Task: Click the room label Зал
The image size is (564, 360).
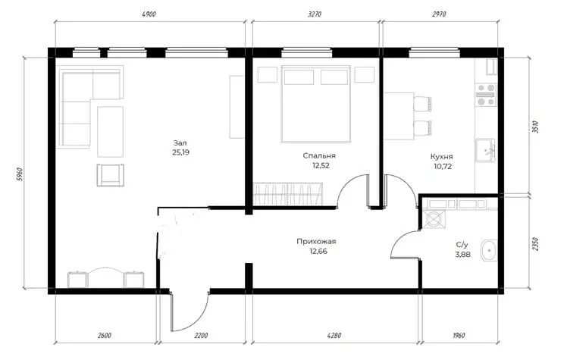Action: point(180,142)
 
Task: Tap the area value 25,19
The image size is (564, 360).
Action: point(180,152)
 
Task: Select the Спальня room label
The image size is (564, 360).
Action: point(319,155)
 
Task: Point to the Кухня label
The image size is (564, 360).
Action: point(441,157)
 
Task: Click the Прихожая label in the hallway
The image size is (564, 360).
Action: point(316,241)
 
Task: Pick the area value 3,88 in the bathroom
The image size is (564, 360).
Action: point(462,255)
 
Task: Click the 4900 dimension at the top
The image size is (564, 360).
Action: point(149,14)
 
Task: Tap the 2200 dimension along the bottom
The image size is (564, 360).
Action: point(201,336)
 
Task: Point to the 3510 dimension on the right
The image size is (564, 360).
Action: point(535,127)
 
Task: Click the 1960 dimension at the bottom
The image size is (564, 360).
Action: point(459,336)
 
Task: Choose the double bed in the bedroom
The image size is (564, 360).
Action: point(316,104)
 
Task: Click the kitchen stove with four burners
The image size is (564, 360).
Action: point(486,95)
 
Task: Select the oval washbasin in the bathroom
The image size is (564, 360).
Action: point(488,250)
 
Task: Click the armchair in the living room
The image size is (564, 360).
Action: point(111,175)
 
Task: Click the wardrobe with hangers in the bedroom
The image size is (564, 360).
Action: point(288,193)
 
